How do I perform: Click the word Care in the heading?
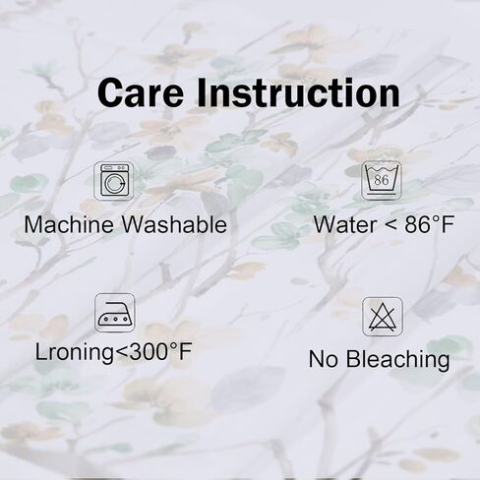pyautogui.click(x=140, y=92)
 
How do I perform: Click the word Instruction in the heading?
pyautogui.click(x=298, y=92)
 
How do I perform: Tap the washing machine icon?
pyautogui.click(x=114, y=180)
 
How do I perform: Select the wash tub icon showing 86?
pyautogui.click(x=382, y=181)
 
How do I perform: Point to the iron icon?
pyautogui.click(x=115, y=313)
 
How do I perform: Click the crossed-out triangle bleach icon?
pyautogui.click(x=383, y=317)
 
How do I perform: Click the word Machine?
pyautogui.click(x=69, y=225)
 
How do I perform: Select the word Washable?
pyautogui.click(x=174, y=225)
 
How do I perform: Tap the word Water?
pyautogui.click(x=345, y=225)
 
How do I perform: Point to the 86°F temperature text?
pyautogui.click(x=430, y=225)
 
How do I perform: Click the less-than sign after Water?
pyautogui.click(x=390, y=225)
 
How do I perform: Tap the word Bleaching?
pyautogui.click(x=398, y=360)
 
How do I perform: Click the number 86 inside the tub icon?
pyautogui.click(x=381, y=180)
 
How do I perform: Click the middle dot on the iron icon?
pyautogui.click(x=115, y=319)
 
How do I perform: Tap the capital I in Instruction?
pyautogui.click(x=201, y=92)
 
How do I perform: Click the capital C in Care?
pyautogui.click(x=110, y=92)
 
